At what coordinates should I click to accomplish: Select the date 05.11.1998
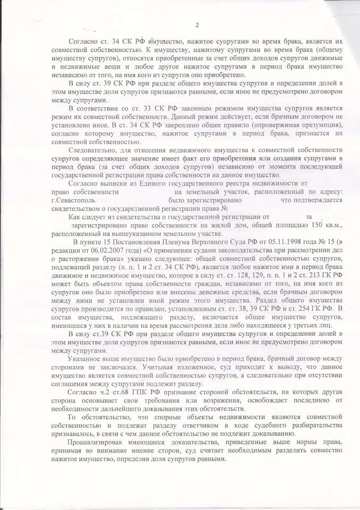pyautogui.click(x=239, y=242)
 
